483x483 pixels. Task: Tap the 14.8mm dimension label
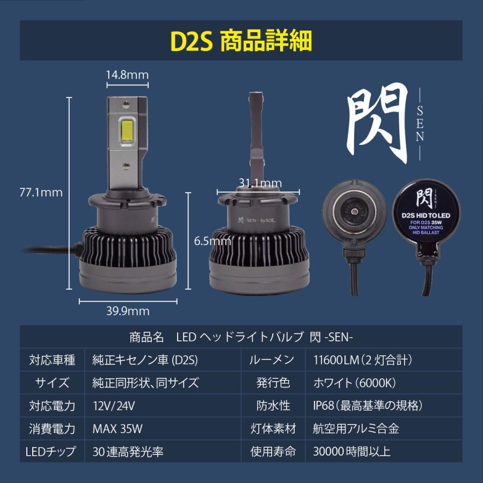[x=127, y=75]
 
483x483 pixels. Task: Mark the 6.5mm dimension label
[x=213, y=241]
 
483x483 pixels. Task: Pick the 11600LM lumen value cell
[x=362, y=360]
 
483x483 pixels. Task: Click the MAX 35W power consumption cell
[x=118, y=428]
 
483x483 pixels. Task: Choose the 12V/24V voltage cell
[x=114, y=405]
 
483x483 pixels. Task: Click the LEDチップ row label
[x=51, y=451]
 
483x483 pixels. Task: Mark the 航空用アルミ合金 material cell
[x=356, y=428]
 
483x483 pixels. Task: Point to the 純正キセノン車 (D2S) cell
[x=145, y=360]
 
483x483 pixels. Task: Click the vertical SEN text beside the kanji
[x=420, y=123]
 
